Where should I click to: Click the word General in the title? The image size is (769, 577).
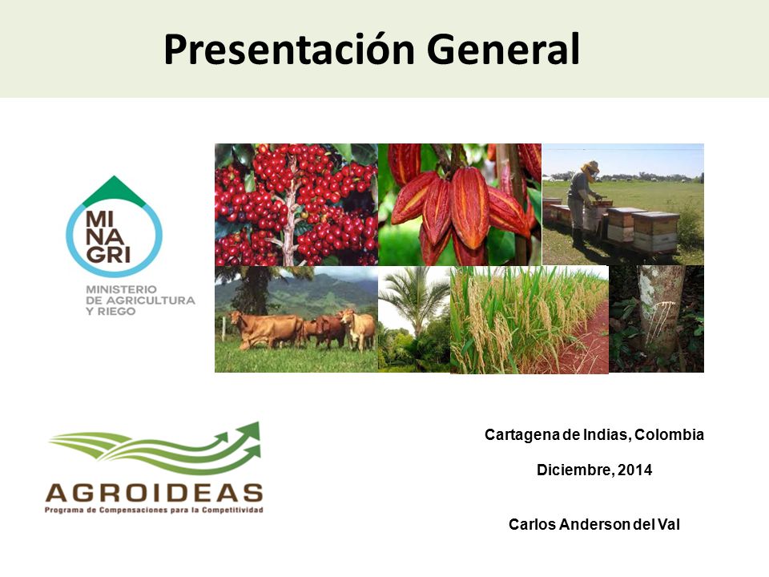[x=503, y=49]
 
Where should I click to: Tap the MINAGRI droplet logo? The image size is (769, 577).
[x=114, y=226]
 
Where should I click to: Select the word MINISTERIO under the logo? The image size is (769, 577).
[x=121, y=289]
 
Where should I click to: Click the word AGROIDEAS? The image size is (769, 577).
[x=155, y=493]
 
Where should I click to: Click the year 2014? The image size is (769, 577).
[x=634, y=470]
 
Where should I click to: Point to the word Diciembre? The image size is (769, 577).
[x=574, y=470]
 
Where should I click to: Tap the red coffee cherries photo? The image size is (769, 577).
[x=296, y=204]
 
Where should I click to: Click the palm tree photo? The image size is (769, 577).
[x=414, y=319]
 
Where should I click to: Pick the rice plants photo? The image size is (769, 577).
[x=529, y=320]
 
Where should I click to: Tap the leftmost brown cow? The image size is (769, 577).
[x=265, y=330]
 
